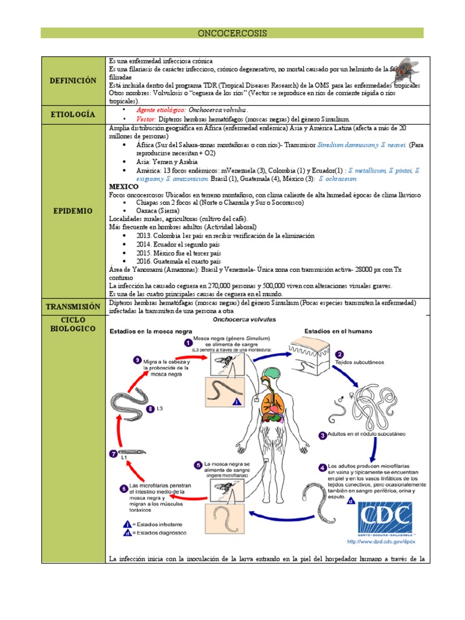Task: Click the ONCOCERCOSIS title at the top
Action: pos(232,33)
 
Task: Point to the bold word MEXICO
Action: pos(124,187)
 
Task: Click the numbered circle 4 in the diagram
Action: pos(323,467)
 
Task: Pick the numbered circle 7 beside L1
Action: pos(113,453)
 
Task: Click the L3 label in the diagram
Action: pos(159,409)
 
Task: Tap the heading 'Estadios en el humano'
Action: pos(338,331)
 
